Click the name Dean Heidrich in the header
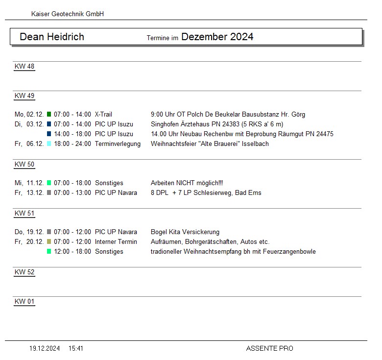[x=52, y=37]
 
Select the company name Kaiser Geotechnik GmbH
[x=68, y=14]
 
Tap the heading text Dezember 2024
[x=217, y=37]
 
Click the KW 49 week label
[x=24, y=96]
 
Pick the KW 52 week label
[x=24, y=272]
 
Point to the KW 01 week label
[x=24, y=302]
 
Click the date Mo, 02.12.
[x=29, y=115]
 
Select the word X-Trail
[x=103, y=115]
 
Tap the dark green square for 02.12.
[x=49, y=115]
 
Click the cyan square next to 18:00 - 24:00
[x=49, y=144]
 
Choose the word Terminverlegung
[x=118, y=144]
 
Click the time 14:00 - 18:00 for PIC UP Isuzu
[x=72, y=134]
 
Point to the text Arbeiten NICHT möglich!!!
[x=187, y=183]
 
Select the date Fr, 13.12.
[x=29, y=193]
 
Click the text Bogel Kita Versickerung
[x=185, y=232]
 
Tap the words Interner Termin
[x=116, y=242]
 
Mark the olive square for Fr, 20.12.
[x=49, y=242]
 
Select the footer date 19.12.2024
[x=45, y=349]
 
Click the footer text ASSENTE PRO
[x=270, y=349]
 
